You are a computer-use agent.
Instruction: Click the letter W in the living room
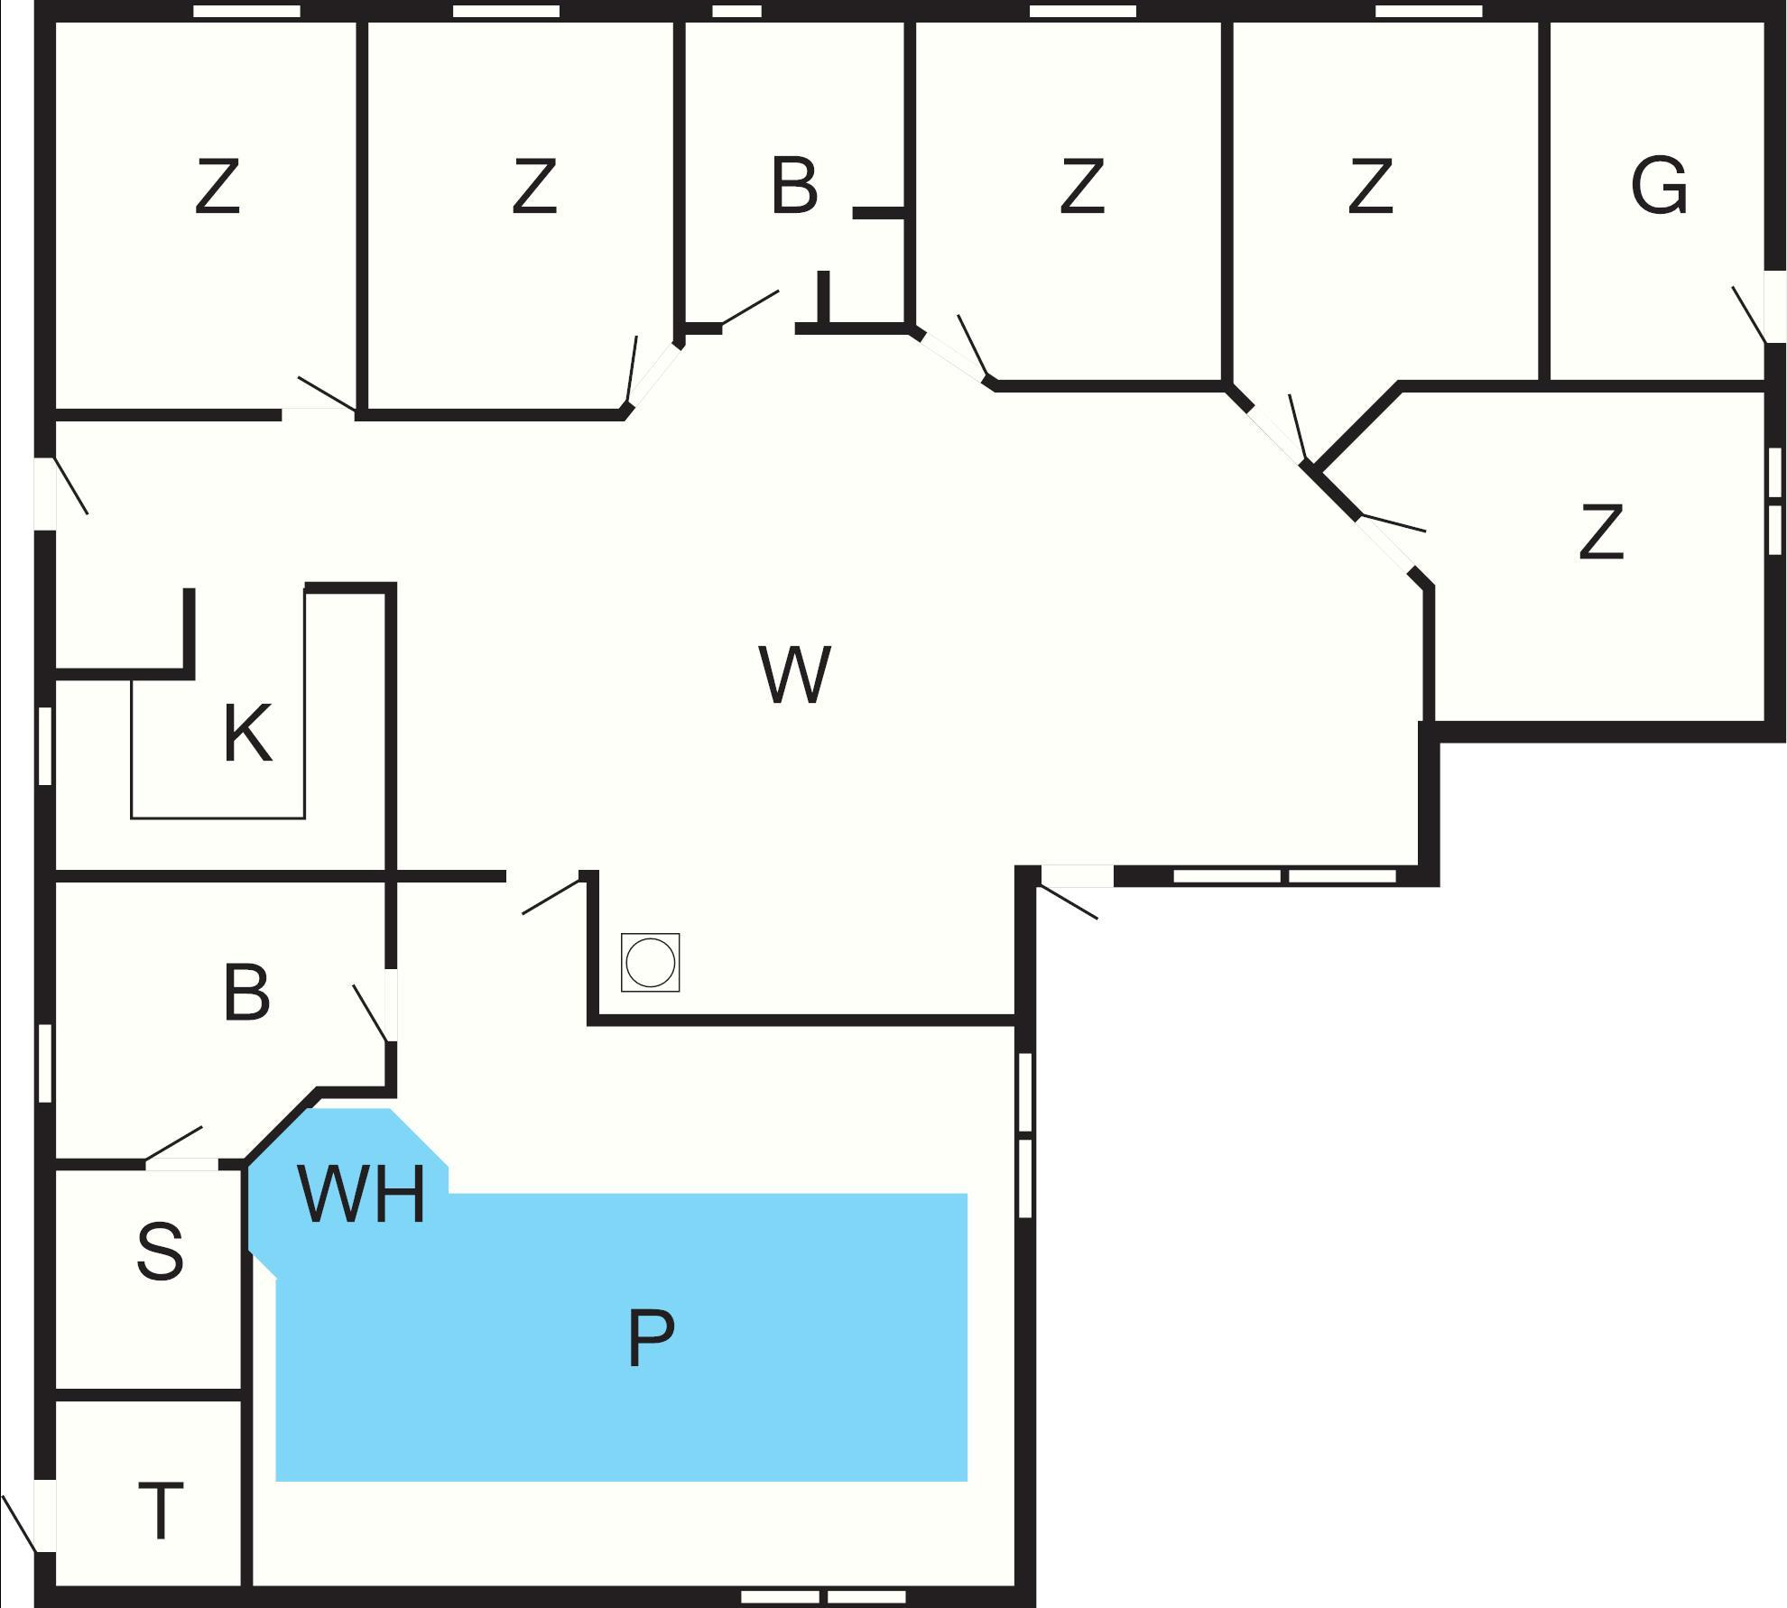click(x=794, y=675)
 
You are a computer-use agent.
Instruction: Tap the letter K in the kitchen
click(x=246, y=735)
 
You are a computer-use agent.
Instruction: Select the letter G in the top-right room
click(x=1659, y=186)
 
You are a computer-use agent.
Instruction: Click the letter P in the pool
click(x=651, y=1339)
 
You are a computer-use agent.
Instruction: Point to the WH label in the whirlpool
click(x=361, y=1196)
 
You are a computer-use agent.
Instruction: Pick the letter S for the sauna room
click(x=160, y=1252)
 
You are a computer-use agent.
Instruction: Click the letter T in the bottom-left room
click(x=161, y=1511)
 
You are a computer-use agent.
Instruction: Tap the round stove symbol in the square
click(x=650, y=963)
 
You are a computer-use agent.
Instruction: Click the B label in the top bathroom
click(x=794, y=186)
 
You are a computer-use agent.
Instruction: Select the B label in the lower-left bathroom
click(x=246, y=993)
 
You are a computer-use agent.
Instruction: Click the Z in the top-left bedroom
click(x=218, y=186)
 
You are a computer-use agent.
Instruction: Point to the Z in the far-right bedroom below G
click(x=1601, y=532)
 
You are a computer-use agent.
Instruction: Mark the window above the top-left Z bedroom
click(x=246, y=12)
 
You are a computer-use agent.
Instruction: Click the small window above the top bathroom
click(x=736, y=12)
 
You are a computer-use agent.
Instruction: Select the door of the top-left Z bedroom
click(x=325, y=395)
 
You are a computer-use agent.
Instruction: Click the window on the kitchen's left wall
click(x=45, y=745)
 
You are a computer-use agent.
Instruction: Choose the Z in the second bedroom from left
click(x=533, y=186)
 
